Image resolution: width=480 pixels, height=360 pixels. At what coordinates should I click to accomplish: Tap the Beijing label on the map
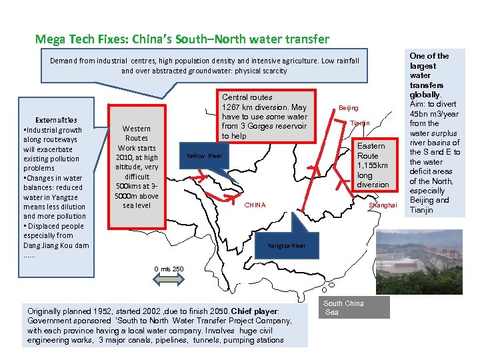click(348, 107)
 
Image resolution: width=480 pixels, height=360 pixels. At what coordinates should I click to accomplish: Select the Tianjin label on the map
click(360, 123)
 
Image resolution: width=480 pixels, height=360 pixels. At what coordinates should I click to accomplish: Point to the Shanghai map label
click(382, 205)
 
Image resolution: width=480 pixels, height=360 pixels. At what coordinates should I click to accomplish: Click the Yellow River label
click(204, 156)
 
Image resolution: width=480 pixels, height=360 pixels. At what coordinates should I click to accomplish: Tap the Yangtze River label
click(286, 246)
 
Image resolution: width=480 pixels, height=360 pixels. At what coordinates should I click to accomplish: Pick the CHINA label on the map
click(255, 205)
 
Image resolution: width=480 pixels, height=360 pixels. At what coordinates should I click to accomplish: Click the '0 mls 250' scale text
click(169, 269)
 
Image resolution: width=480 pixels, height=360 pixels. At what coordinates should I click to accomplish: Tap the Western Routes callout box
click(137, 167)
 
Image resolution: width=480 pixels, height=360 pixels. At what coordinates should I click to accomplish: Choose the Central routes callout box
click(265, 117)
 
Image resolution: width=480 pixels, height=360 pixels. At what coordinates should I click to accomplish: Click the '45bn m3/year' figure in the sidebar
click(434, 113)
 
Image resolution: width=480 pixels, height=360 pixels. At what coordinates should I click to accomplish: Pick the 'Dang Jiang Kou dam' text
click(56, 245)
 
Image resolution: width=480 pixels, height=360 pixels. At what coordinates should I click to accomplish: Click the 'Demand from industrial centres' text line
click(204, 61)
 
